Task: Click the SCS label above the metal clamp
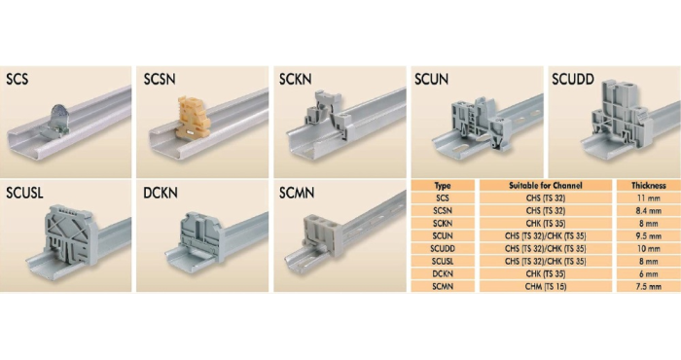click(x=18, y=79)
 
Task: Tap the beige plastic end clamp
click(x=193, y=118)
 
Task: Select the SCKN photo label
click(x=296, y=79)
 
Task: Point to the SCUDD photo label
click(x=573, y=79)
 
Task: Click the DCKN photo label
click(x=161, y=193)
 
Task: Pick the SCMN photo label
click(x=297, y=193)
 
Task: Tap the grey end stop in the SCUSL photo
click(x=71, y=234)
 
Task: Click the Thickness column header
click(x=649, y=186)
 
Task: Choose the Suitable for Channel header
click(x=546, y=186)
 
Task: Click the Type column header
click(x=443, y=186)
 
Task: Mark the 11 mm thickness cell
click(x=649, y=198)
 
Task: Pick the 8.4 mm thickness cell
click(x=649, y=210)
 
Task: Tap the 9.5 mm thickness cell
click(x=649, y=235)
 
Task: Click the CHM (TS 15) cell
click(x=546, y=286)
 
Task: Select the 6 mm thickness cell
click(x=649, y=273)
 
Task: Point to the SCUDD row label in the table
click(x=443, y=248)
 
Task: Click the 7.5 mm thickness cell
click(x=649, y=286)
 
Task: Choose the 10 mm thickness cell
click(x=649, y=248)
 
